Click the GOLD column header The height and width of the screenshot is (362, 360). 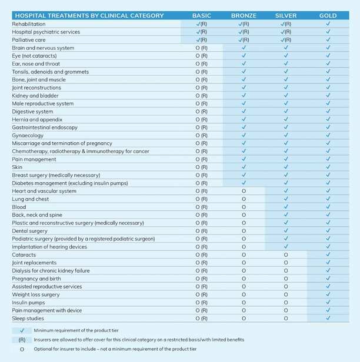pos(328,15)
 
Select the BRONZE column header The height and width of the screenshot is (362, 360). pos(244,15)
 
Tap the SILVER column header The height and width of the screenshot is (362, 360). pos(286,15)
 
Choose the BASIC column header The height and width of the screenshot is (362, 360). pos(202,15)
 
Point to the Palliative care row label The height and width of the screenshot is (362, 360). pos(29,40)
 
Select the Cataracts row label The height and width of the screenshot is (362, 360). pos(24,255)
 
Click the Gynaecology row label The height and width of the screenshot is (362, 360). pos(28,135)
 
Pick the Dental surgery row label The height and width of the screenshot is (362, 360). pos(31,231)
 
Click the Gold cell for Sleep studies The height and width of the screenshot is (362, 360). pos(328,319)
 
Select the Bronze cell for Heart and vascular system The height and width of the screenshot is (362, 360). pos(244,191)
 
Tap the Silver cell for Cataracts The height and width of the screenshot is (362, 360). pos(286,255)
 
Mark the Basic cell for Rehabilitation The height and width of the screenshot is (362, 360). pos(202,24)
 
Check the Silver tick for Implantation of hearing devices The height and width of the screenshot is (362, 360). pos(286,247)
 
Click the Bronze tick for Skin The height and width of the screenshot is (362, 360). pos(244,167)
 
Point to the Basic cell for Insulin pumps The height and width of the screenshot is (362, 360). pos(202,303)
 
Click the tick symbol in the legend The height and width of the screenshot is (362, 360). pos(21,331)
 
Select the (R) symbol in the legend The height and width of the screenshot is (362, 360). pos(21,340)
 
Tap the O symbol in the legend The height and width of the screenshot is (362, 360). pos(21,349)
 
